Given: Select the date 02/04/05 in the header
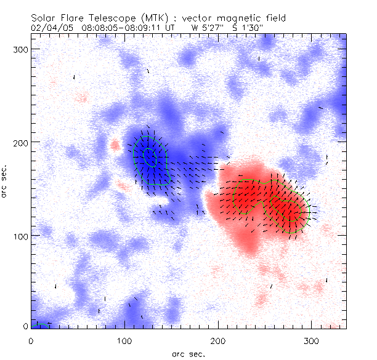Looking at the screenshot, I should (x=48, y=28).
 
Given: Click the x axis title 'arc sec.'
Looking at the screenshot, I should (x=188, y=353).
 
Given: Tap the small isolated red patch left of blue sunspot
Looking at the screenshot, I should (x=115, y=146).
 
